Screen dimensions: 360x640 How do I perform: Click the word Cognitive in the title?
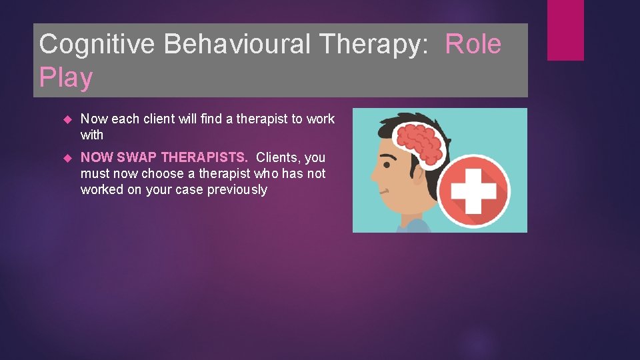tap(97, 45)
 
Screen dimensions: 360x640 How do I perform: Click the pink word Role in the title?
tap(473, 45)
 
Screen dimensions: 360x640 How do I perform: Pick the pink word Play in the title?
tap(66, 78)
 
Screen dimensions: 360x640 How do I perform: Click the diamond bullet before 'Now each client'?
tap(67, 119)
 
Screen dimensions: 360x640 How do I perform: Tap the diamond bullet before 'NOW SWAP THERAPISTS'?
tap(67, 158)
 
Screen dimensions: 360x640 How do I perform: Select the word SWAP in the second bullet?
tap(137, 158)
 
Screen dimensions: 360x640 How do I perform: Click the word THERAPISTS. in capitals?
tap(204, 158)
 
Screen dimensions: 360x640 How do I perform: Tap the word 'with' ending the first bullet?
tap(92, 135)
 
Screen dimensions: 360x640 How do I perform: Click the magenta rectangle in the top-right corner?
tap(565, 30)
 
